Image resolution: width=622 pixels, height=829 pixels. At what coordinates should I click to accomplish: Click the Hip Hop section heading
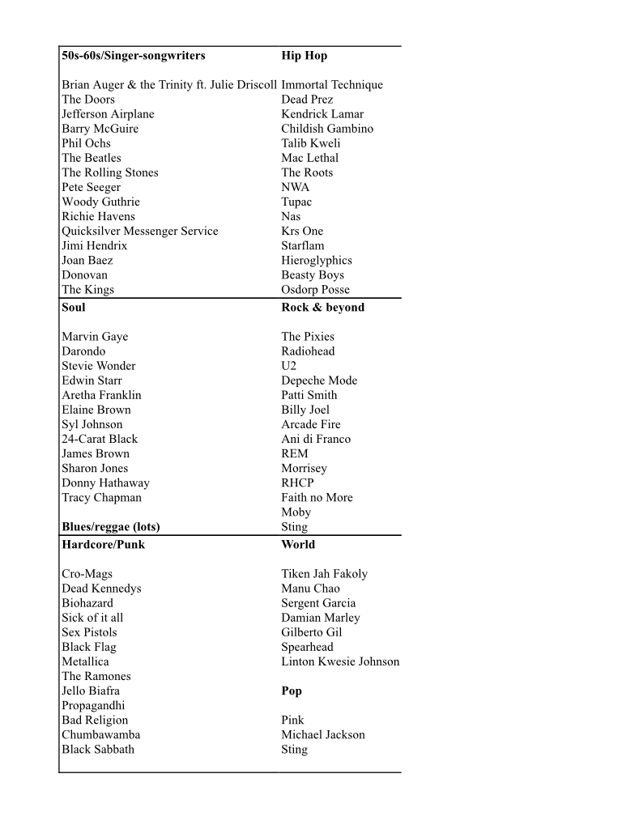point(304,56)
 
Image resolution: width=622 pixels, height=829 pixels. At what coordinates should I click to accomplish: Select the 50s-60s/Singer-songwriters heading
point(134,56)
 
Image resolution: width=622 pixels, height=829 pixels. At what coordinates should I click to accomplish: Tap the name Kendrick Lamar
point(322,114)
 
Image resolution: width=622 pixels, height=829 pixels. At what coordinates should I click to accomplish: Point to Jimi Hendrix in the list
point(95,245)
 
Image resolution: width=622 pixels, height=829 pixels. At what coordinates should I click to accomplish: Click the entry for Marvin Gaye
point(95,337)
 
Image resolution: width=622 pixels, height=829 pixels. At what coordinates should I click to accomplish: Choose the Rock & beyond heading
point(322,308)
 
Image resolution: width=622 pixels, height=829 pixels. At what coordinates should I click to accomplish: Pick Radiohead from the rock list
point(308,351)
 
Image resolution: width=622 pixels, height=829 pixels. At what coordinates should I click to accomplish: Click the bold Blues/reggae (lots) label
point(111,527)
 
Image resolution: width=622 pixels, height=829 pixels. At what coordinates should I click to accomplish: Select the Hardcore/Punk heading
point(104,545)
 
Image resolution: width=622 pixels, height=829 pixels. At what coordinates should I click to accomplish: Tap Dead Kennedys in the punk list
point(101,589)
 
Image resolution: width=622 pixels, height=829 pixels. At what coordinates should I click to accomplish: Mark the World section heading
point(298,545)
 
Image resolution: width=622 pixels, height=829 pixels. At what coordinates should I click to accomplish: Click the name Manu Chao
point(310,589)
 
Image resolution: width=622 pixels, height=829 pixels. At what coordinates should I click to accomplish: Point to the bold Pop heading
point(292,691)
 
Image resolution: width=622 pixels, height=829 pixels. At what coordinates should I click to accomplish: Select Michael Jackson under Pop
point(323,735)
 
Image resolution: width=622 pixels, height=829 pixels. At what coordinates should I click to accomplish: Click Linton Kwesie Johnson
point(340,661)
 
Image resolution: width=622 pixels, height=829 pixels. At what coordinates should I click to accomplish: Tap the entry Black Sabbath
point(98,750)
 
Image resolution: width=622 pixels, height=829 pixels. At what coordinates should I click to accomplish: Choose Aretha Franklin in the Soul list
point(101,395)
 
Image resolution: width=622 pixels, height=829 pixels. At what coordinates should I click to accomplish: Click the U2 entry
point(289,366)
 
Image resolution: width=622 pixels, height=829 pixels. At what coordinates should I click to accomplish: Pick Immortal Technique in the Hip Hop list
point(332,85)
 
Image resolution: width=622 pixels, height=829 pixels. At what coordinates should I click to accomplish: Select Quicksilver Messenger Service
point(140,231)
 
